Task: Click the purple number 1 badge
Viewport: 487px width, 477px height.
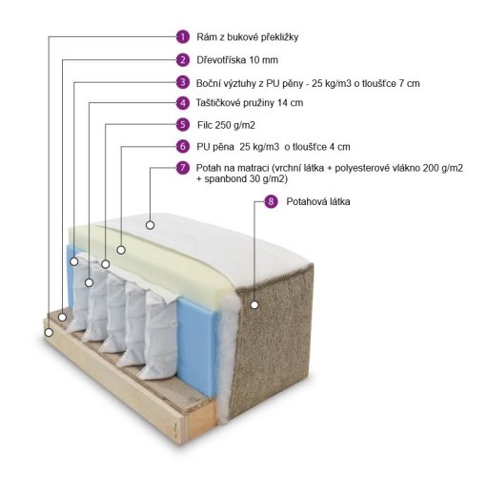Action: click(183, 37)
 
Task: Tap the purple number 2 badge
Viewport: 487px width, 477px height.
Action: click(183, 60)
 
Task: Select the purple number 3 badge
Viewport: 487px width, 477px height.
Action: click(183, 82)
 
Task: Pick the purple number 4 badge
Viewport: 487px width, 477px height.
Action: click(183, 103)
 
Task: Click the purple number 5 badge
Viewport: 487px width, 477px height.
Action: click(183, 125)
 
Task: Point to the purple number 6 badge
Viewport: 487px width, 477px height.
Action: click(183, 146)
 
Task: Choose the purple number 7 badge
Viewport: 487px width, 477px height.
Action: click(183, 168)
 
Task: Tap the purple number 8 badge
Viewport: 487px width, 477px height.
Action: click(271, 201)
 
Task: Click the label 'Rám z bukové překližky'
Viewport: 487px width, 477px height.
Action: click(248, 37)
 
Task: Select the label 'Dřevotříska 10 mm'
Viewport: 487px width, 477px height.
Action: click(237, 60)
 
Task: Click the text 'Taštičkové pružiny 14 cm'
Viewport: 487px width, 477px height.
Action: click(250, 103)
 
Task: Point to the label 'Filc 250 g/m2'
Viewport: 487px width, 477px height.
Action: click(226, 125)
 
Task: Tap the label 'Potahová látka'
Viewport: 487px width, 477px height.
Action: click(318, 202)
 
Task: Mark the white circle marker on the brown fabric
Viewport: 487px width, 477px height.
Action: click(254, 305)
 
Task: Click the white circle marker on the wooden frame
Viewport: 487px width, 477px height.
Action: click(49, 333)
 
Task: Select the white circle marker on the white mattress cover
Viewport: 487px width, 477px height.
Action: click(150, 225)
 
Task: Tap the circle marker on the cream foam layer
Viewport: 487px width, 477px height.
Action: click(121, 250)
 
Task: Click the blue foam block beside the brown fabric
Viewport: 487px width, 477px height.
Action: click(197, 345)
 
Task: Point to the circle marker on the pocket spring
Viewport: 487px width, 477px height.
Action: click(89, 282)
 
